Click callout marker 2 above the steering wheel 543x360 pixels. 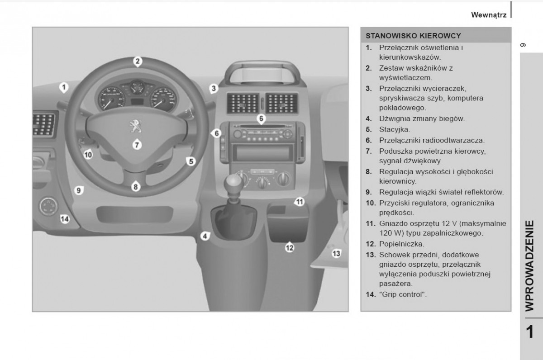[x=138, y=62]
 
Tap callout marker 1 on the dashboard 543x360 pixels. [x=64, y=86]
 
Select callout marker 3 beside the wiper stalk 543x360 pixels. [x=214, y=89]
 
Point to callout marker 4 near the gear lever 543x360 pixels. [x=205, y=236]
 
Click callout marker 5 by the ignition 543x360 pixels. [x=191, y=161]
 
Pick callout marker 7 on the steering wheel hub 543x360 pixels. [x=137, y=145]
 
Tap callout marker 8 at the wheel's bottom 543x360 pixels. [x=136, y=186]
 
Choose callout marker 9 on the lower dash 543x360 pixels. [x=78, y=191]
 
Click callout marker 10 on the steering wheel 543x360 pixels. [x=88, y=155]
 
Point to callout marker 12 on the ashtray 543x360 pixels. [x=290, y=247]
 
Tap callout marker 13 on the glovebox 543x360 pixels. [x=336, y=253]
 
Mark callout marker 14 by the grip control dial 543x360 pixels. [x=65, y=219]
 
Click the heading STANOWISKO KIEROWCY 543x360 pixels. [x=413, y=35]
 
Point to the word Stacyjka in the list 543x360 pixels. [x=395, y=129]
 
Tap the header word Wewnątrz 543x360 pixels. [x=488, y=15]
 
